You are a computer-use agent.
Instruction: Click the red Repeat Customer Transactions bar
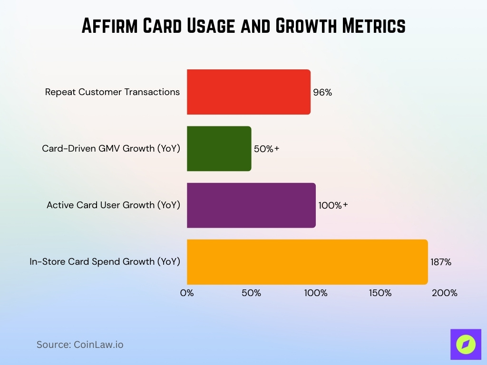tap(248, 92)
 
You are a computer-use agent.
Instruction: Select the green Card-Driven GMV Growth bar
tap(219, 149)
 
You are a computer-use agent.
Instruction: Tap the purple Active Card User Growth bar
tap(251, 205)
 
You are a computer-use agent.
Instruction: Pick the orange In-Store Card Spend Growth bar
tap(307, 262)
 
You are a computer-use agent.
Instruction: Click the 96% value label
tap(322, 93)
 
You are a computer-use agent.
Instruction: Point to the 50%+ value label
tap(266, 149)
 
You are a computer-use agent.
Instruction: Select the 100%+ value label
tap(333, 205)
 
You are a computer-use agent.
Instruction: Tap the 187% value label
tap(441, 262)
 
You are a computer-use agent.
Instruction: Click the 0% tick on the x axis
tap(187, 293)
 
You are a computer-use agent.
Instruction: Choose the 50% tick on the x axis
tap(251, 293)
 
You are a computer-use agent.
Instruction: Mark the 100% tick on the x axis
tap(316, 293)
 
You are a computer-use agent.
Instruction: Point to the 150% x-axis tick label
tap(380, 293)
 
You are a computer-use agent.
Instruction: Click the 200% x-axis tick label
tap(445, 293)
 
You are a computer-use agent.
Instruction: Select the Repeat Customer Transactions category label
tap(113, 92)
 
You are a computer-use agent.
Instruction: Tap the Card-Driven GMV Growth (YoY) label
tap(111, 149)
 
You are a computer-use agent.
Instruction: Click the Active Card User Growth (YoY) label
tap(114, 205)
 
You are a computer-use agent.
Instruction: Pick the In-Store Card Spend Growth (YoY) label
tap(105, 262)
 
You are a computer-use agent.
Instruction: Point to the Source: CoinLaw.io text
tap(80, 345)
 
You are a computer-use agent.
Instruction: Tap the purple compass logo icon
tap(466, 344)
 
